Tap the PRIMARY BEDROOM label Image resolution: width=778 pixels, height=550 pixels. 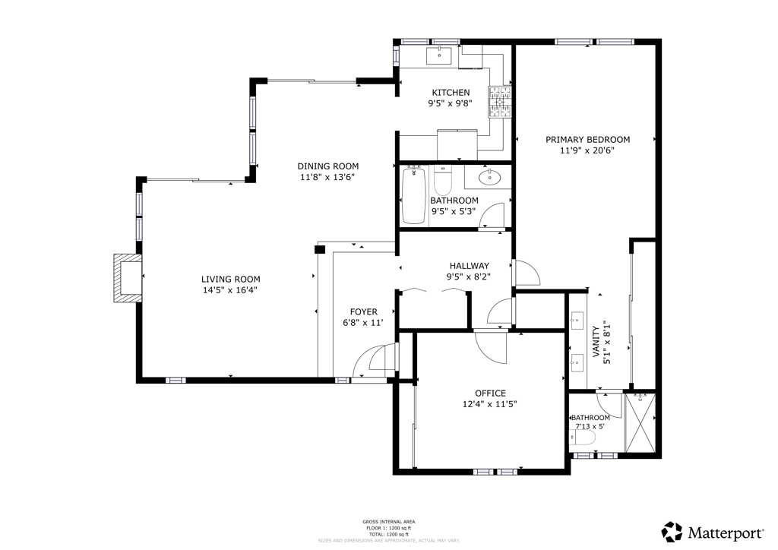click(587, 139)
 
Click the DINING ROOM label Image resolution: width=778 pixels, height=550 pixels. click(327, 166)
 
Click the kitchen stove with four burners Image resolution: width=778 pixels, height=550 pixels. click(500, 103)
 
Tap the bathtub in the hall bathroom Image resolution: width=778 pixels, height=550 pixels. click(413, 196)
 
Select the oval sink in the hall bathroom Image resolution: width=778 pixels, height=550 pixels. click(490, 179)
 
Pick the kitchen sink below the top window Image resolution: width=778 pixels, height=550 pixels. click(439, 55)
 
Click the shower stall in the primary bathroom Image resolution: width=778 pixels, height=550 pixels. click(640, 423)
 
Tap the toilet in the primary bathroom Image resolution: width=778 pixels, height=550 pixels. click(577, 438)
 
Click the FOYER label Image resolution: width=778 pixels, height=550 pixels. click(363, 311)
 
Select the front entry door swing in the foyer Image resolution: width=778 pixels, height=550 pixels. click(376, 359)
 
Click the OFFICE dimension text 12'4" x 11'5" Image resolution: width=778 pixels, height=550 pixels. click(490, 404)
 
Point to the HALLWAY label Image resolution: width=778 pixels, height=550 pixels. click(468, 266)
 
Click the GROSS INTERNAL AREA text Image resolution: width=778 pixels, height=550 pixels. click(388, 521)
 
